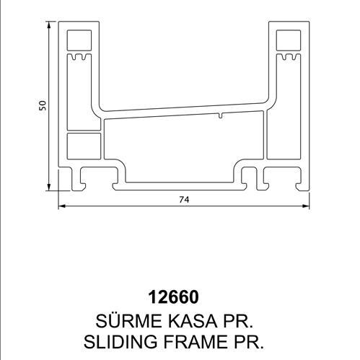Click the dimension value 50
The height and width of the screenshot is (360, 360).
tap(43, 105)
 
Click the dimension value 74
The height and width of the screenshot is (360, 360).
tap(184, 200)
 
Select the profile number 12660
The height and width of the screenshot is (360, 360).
tap(174, 297)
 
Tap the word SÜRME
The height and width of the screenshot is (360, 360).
tap(128, 320)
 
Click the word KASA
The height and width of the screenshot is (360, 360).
tap(192, 321)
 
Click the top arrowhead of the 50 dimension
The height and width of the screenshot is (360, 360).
tap(49, 25)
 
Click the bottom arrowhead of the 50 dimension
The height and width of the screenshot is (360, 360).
tap(49, 187)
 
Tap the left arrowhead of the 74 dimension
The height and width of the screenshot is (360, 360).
tap(62, 206)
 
